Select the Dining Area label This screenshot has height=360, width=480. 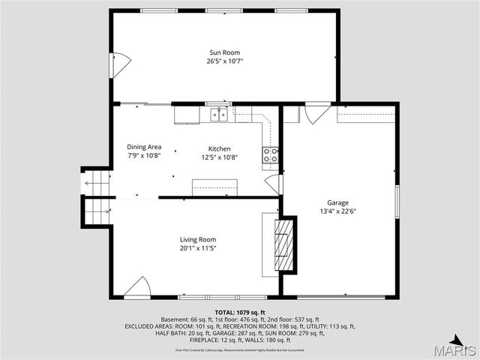click(x=144, y=147)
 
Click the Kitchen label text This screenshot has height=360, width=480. click(x=219, y=149)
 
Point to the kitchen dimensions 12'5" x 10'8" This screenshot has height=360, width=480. click(x=219, y=157)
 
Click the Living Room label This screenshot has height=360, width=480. click(x=198, y=240)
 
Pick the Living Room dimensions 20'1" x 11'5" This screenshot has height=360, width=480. click(x=198, y=248)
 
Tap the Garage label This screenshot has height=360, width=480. click(x=337, y=203)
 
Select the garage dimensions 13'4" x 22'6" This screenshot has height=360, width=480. click(x=337, y=211)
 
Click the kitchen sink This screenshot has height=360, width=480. click(x=219, y=114)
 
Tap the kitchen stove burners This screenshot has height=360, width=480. click(x=270, y=155)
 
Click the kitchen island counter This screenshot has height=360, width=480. click(x=214, y=187)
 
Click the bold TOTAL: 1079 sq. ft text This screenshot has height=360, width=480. click(x=240, y=312)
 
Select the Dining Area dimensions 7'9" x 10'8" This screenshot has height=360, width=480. click(x=144, y=156)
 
